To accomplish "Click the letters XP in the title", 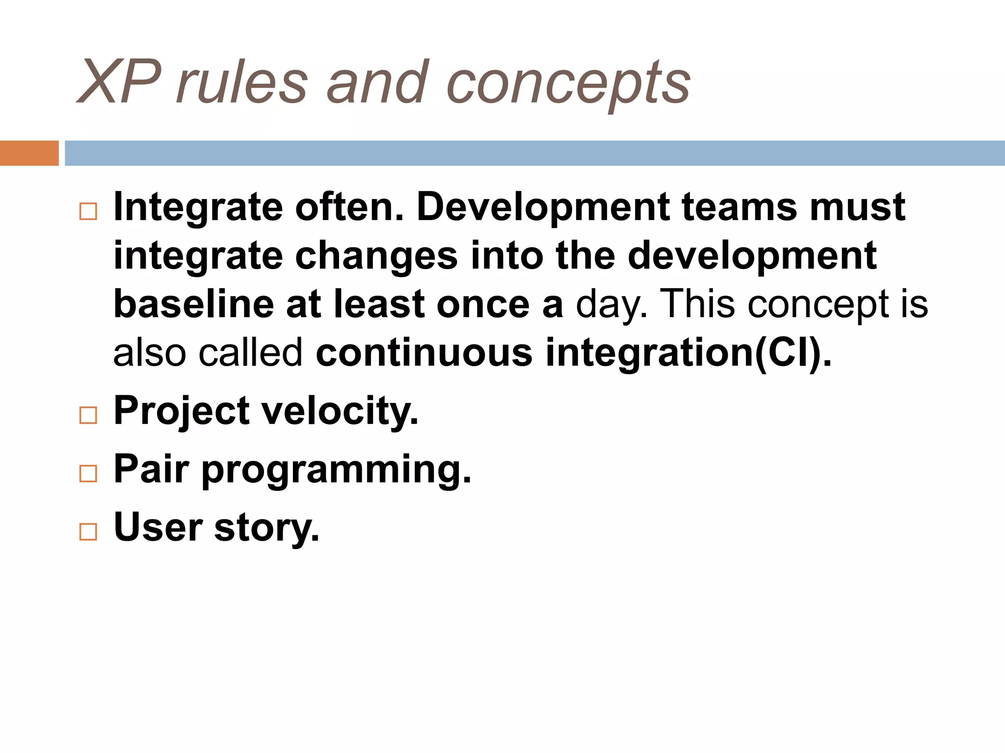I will [x=119, y=82].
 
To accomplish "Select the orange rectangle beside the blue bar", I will [x=29, y=153].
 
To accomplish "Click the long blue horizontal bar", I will [x=534, y=153].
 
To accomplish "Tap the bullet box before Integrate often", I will [x=88, y=211].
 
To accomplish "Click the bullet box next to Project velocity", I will [x=88, y=415].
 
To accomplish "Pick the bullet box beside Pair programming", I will [x=88, y=474].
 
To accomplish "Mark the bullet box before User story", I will [x=88, y=531].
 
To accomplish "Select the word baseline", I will [x=194, y=304].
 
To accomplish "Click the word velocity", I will [x=340, y=411].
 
